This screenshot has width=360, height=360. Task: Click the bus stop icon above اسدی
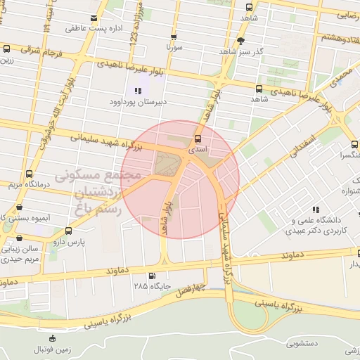198,139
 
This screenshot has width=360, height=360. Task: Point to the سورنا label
175,47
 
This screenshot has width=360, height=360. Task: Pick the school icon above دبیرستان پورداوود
138,91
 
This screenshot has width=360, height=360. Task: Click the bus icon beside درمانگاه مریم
29,174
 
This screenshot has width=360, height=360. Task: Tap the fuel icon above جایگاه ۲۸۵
153,275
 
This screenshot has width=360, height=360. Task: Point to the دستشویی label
302,344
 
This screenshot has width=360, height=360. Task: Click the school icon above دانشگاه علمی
316,210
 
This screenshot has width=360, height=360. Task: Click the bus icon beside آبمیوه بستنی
18,207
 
